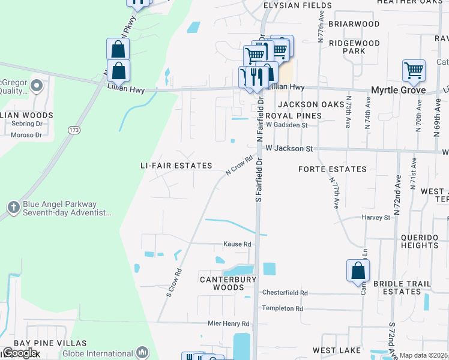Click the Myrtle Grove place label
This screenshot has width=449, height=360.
pyautogui.click(x=397, y=90)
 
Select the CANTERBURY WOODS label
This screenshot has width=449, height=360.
pyautogui.click(x=228, y=283)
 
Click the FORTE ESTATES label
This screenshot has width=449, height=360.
pyautogui.click(x=332, y=169)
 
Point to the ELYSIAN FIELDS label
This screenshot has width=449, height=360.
pyautogui.click(x=290, y=5)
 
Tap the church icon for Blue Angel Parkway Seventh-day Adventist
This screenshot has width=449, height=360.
pyautogui.click(x=14, y=208)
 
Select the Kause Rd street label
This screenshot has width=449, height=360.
pyautogui.click(x=237, y=244)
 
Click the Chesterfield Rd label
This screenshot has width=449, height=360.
pyautogui.click(x=285, y=293)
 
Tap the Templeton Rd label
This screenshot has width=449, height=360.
pyautogui.click(x=282, y=308)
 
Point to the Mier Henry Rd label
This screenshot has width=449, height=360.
pyautogui.click(x=228, y=323)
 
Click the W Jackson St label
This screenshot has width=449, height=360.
pyautogui.click(x=289, y=148)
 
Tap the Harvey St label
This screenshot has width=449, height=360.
pyautogui.click(x=376, y=217)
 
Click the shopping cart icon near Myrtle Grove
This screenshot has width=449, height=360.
pyautogui.click(x=414, y=70)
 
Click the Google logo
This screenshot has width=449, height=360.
pyautogui.click(x=19, y=353)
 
